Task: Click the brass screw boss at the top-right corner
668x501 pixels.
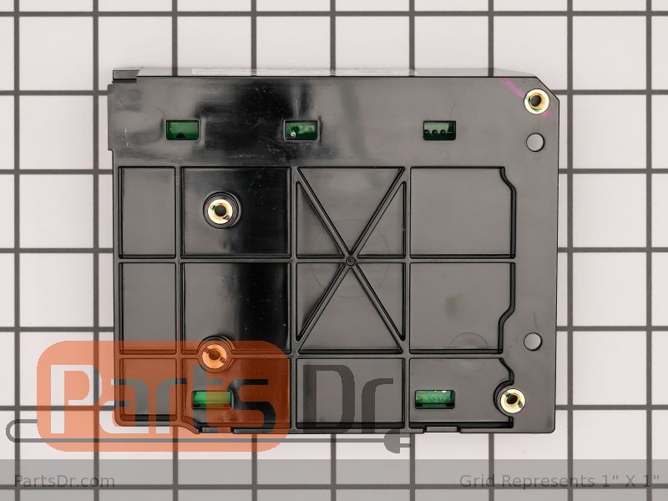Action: pyautogui.click(x=536, y=103)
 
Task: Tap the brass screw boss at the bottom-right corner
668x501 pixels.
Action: pyautogui.click(x=510, y=400)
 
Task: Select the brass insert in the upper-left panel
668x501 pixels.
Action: pyautogui.click(x=220, y=210)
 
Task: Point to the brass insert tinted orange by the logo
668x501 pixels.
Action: pyautogui.click(x=216, y=353)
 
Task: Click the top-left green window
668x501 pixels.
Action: pyautogui.click(x=183, y=129)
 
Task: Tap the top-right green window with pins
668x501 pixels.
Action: pyautogui.click(x=438, y=129)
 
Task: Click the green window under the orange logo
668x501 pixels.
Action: pyautogui.click(x=210, y=398)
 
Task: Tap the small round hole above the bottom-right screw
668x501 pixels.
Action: pyautogui.click(x=529, y=340)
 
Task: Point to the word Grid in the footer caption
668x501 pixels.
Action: pyautogui.click(x=475, y=481)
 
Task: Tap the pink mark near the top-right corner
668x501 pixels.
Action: pyautogui.click(x=512, y=83)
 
